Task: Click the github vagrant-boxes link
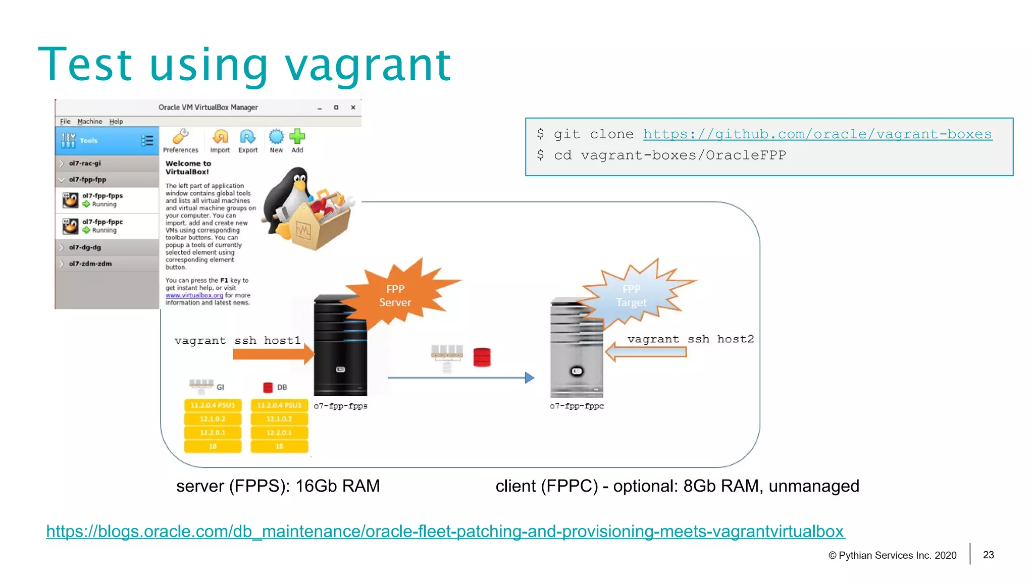tap(817, 134)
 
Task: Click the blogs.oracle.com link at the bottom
tap(445, 532)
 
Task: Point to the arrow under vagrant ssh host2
tap(646, 352)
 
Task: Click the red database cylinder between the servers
tap(482, 357)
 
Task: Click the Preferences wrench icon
tap(180, 137)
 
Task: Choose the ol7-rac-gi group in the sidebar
tap(85, 164)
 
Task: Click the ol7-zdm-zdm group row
tap(90, 263)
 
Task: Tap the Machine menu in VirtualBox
tap(89, 122)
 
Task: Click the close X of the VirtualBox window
tap(353, 108)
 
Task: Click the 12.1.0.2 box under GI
tap(213, 419)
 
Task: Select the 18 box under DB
tap(279, 446)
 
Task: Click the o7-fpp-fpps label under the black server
tap(340, 406)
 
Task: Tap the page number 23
tap(988, 555)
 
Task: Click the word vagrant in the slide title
tap(368, 66)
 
